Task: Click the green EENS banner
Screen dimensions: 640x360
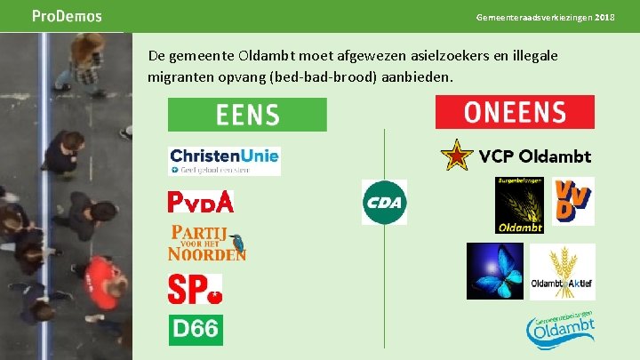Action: pos(247,115)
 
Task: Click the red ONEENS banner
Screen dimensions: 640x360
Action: pos(515,112)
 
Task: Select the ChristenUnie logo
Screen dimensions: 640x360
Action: pos(224,161)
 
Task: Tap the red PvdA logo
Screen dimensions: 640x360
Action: pos(201,202)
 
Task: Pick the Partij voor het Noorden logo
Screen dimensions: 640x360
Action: pos(206,243)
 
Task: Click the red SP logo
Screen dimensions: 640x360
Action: pos(195,288)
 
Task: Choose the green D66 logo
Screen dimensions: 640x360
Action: pos(196,329)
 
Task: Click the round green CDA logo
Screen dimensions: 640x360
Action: pos(384,202)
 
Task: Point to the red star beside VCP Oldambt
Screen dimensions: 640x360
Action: pos(457,156)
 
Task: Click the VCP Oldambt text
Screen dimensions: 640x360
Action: pos(535,156)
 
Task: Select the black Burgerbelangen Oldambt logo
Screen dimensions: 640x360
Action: pos(519,204)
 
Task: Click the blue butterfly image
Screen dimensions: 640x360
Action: pos(495,271)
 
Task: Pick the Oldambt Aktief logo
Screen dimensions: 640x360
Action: pos(562,271)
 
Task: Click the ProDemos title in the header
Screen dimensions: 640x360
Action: pos(67,16)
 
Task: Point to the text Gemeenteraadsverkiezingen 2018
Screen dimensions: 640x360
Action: pos(557,18)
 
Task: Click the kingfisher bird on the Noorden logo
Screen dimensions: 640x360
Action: pos(237,239)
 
